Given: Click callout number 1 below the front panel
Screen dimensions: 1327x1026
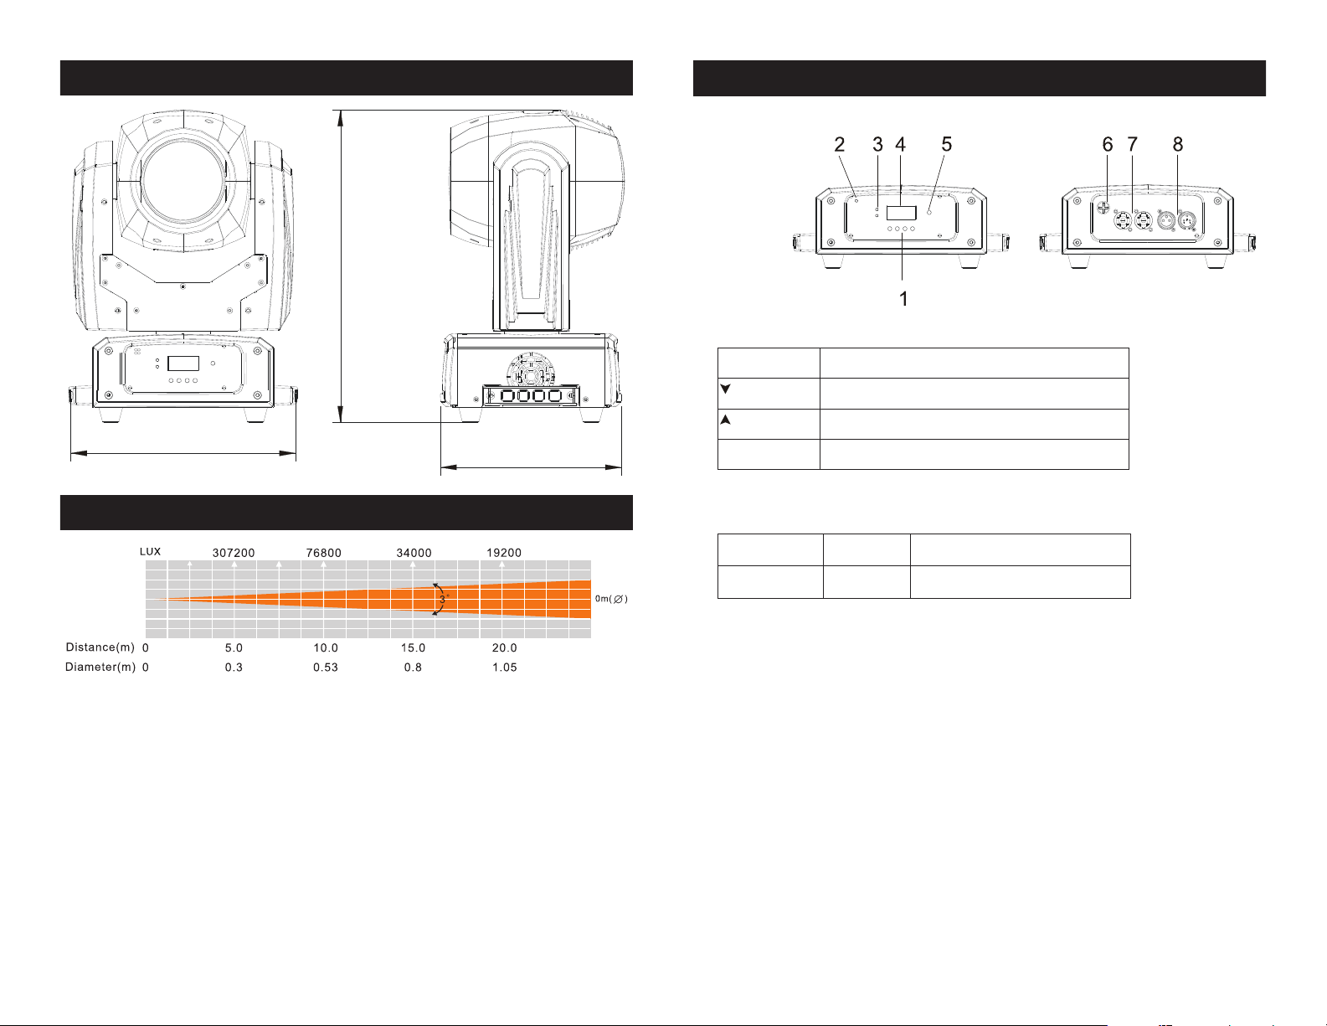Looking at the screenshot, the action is pos(903,299).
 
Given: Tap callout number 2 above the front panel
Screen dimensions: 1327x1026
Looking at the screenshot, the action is pos(840,145).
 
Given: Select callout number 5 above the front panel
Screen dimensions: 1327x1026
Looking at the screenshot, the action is pos(947,145).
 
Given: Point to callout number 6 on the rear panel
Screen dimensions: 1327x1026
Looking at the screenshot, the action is pos(1107,145).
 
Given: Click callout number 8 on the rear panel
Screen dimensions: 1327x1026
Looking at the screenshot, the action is pos(1178,145).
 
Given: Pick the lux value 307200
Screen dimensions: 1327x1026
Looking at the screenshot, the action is pos(234,553).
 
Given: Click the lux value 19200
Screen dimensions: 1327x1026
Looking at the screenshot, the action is pos(504,553).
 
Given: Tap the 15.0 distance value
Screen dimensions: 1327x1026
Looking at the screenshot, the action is pos(413,648).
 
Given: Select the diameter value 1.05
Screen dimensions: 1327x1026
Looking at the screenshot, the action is pos(504,668).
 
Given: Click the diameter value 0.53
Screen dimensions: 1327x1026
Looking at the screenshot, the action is pos(326,668).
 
